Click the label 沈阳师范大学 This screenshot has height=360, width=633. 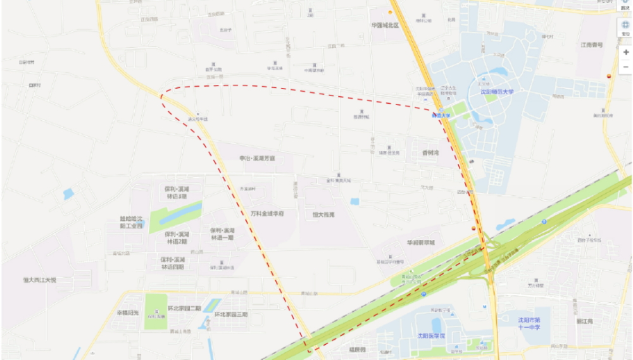click(496, 92)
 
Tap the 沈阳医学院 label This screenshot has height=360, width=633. click(430, 335)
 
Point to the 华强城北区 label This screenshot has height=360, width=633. click(385, 25)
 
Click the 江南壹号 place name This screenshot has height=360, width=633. click(592, 45)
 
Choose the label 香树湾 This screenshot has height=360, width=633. click(430, 153)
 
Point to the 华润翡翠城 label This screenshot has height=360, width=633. click(420, 243)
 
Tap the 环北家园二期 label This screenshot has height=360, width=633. click(184, 308)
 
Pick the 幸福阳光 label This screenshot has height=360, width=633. click(127, 313)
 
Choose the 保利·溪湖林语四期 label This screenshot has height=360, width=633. click(172, 263)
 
